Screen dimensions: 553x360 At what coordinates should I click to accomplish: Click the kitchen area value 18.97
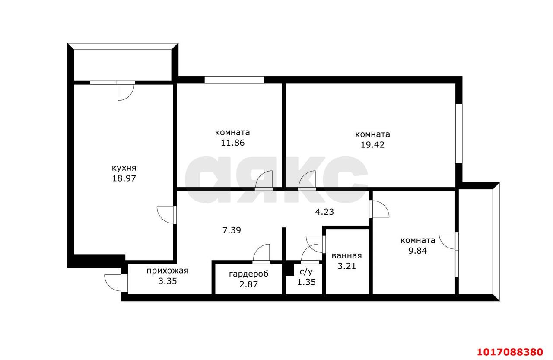(124, 178)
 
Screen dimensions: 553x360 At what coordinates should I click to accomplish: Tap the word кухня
(124, 168)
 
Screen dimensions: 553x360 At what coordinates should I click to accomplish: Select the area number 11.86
(232, 143)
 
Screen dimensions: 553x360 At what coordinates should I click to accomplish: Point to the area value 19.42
(372, 145)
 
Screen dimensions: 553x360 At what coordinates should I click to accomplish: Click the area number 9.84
(417, 251)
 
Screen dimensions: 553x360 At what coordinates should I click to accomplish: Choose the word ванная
(346, 256)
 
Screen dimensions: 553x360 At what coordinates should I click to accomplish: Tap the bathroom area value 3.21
(346, 266)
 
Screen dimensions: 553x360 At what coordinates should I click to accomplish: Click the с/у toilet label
(306, 271)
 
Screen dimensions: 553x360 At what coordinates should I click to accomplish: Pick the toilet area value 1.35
(306, 282)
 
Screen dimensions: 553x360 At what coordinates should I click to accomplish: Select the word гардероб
(248, 274)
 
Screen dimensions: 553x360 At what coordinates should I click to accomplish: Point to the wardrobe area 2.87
(248, 284)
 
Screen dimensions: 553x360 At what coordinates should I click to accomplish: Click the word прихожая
(167, 271)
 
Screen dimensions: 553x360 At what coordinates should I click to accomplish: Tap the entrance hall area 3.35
(167, 281)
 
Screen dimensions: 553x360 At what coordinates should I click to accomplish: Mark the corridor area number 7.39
(232, 230)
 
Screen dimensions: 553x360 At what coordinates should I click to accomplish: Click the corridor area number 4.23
(324, 212)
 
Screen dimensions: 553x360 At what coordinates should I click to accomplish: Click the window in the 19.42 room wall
(459, 134)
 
